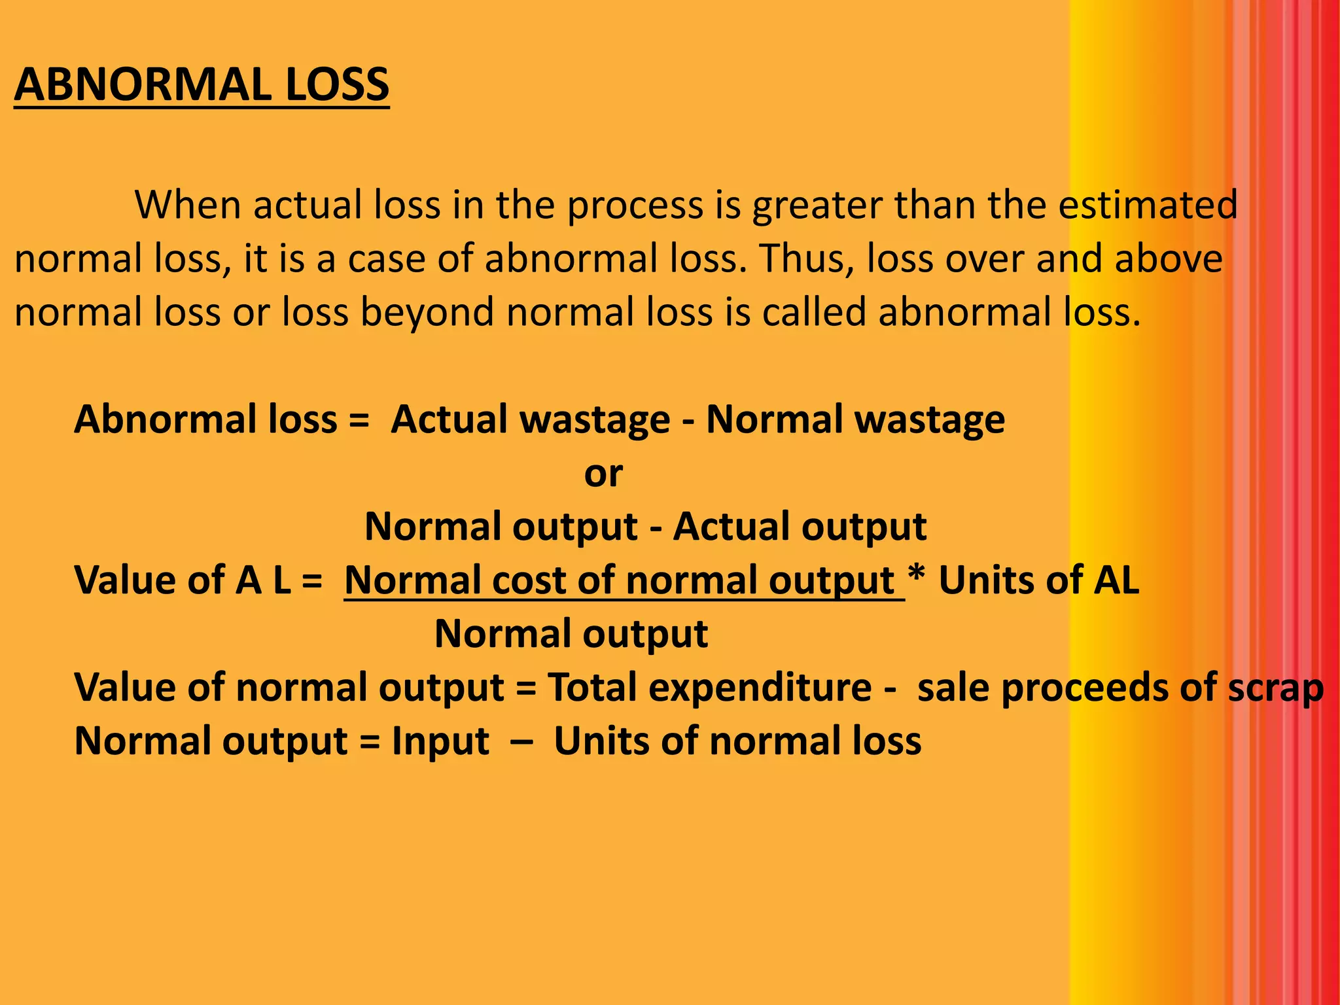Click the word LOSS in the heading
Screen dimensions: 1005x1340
coord(338,85)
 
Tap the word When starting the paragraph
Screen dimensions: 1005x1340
coord(188,205)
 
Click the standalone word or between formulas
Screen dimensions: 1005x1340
coord(603,474)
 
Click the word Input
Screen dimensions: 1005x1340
coord(440,743)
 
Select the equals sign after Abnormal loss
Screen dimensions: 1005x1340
coord(359,419)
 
